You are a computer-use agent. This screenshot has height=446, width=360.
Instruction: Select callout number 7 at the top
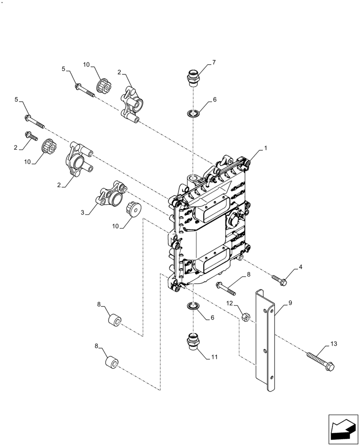214,62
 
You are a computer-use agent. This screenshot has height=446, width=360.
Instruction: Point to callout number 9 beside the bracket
290,303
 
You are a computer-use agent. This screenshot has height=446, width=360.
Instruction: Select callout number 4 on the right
300,267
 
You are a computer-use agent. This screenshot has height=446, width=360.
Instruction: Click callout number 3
82,213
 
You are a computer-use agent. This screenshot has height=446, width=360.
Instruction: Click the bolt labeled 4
279,280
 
